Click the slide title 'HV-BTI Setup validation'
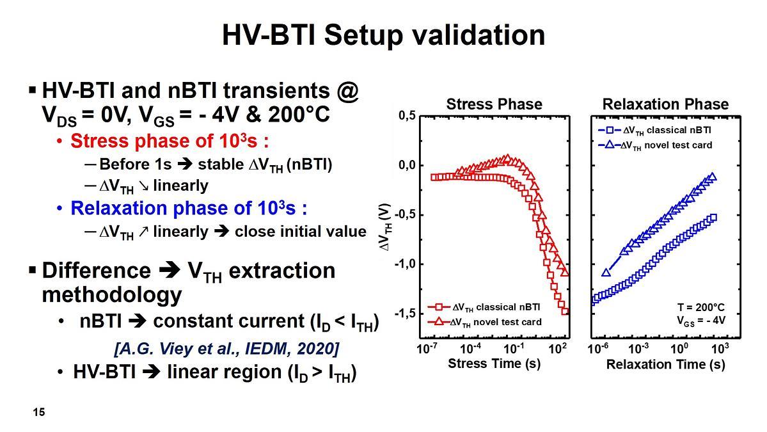point(383,35)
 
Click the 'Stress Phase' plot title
point(494,104)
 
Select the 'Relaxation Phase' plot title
point(665,104)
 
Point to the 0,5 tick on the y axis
point(407,116)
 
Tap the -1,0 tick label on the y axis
point(406,264)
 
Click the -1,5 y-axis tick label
point(406,314)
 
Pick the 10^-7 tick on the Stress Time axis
point(428,349)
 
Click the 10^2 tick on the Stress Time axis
point(558,349)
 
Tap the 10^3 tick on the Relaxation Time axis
point(720,349)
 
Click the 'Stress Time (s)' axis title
point(494,364)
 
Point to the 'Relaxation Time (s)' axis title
point(665,364)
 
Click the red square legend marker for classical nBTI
point(440,307)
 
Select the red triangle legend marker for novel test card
point(440,321)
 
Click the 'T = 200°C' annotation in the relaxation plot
point(701,308)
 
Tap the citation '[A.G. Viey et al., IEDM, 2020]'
point(226,349)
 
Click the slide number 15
point(39,412)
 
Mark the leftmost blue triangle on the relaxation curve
point(606,273)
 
